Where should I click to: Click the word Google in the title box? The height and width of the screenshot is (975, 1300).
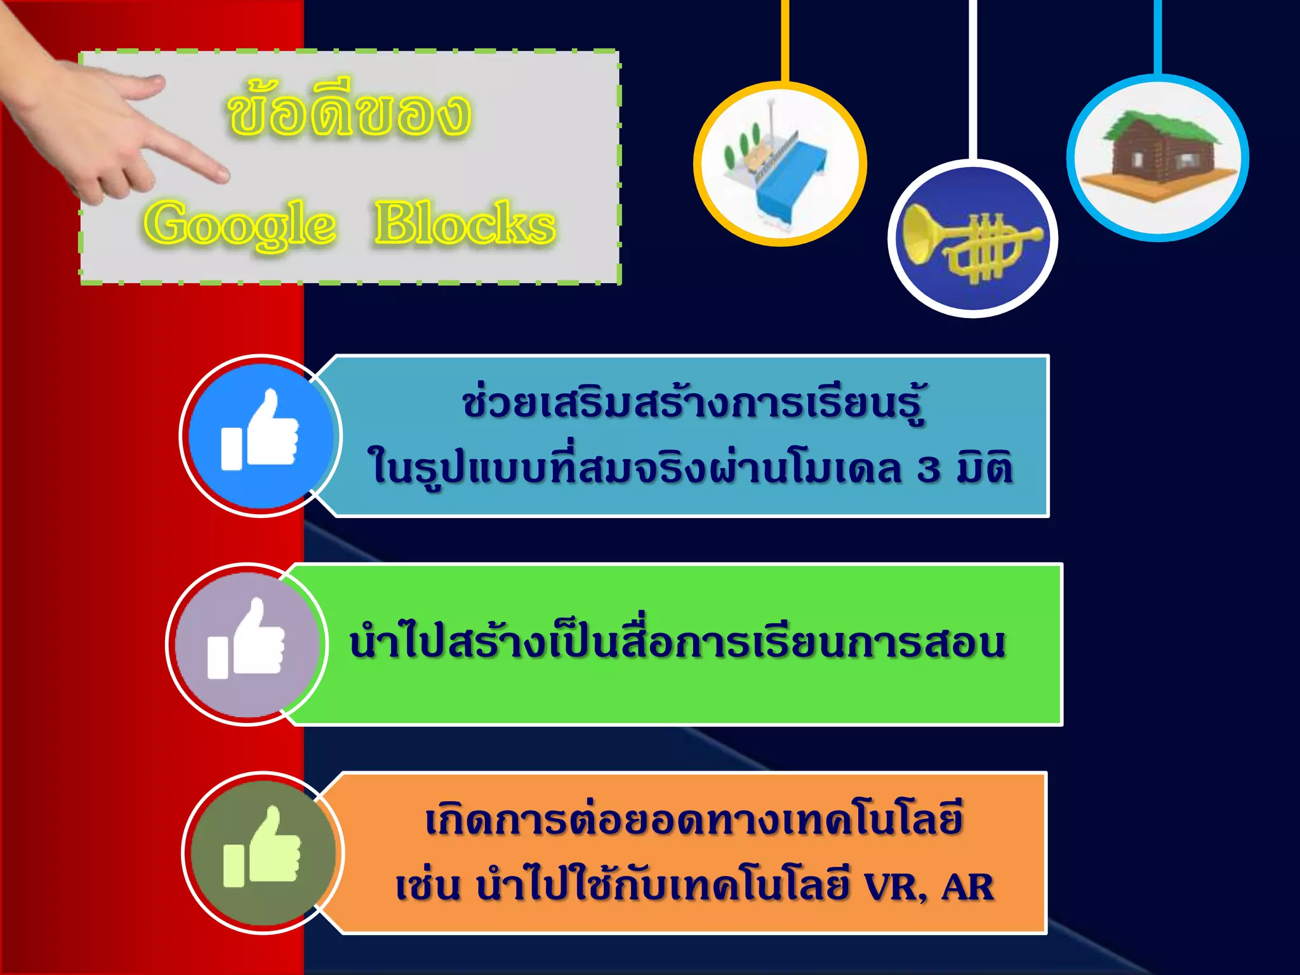(x=239, y=223)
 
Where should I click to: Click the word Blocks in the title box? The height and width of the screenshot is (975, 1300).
(x=465, y=223)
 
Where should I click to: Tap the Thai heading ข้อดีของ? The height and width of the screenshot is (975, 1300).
(x=348, y=114)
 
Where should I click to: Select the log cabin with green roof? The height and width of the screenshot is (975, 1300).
(x=1158, y=156)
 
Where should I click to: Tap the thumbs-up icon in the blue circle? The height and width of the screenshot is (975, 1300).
(x=260, y=432)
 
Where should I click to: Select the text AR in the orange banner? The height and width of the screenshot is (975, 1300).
(x=967, y=886)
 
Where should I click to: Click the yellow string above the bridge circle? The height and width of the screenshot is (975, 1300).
(x=785, y=38)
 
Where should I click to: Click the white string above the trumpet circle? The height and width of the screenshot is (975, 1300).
(x=972, y=76)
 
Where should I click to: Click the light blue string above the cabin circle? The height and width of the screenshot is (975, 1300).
(x=1158, y=35)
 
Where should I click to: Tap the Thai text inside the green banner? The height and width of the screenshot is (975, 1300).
(x=677, y=642)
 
